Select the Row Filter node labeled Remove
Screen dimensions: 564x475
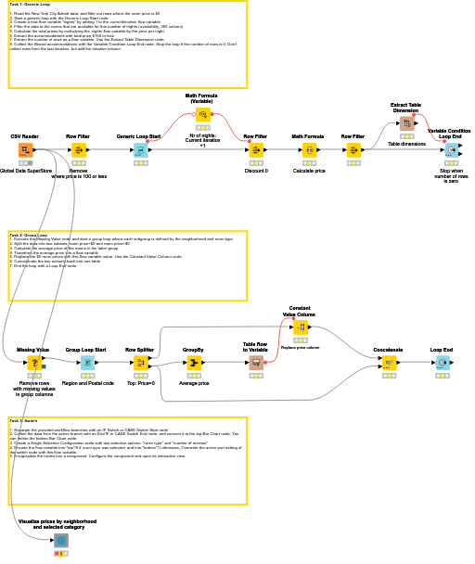point(78,149)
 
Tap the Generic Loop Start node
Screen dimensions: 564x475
point(139,149)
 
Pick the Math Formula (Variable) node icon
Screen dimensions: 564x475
point(202,115)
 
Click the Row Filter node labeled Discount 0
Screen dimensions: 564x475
point(256,149)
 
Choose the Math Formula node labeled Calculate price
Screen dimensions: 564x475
point(308,149)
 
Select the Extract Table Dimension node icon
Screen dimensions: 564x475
point(406,123)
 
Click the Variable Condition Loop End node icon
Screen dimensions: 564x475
point(451,149)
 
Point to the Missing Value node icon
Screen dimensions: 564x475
point(33,363)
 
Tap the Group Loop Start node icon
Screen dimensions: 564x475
point(86,363)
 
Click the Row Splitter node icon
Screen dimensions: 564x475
point(140,363)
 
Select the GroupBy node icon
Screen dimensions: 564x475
point(193,363)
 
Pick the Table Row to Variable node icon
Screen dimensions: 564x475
point(256,363)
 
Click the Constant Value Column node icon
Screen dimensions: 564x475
point(300,327)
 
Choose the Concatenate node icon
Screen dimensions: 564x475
point(389,363)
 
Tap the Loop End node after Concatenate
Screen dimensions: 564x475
point(442,363)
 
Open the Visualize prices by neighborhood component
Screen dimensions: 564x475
point(61,540)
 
